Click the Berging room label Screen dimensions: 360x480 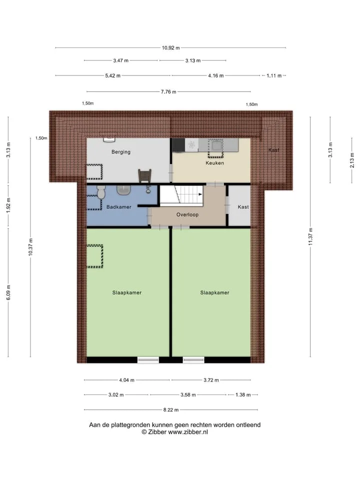pos(121,152)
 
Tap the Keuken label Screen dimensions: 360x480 pos(214,163)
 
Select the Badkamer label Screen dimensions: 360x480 pos(119,207)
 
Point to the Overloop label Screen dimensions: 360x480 pos(187,214)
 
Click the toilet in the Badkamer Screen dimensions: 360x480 pos(101,192)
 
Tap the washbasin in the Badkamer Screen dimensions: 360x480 pos(123,190)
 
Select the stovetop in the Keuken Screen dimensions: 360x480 pos(191,144)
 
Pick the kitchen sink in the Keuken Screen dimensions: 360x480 pos(216,145)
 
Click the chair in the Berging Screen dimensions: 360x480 pos(144,175)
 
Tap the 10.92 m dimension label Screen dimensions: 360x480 pos(171,48)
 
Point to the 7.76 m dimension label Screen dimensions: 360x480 pos(168,91)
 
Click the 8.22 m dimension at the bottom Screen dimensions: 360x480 pos(171,409)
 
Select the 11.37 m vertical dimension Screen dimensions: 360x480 pos(310,236)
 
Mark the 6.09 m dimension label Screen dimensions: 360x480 pos(8,292)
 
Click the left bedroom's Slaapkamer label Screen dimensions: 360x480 pos(126,292)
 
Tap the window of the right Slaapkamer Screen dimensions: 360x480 pos(193,360)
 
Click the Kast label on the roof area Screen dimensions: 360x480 pos(273,150)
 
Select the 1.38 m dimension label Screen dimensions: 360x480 pos(243,395)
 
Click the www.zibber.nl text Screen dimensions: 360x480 pos(188,432)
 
